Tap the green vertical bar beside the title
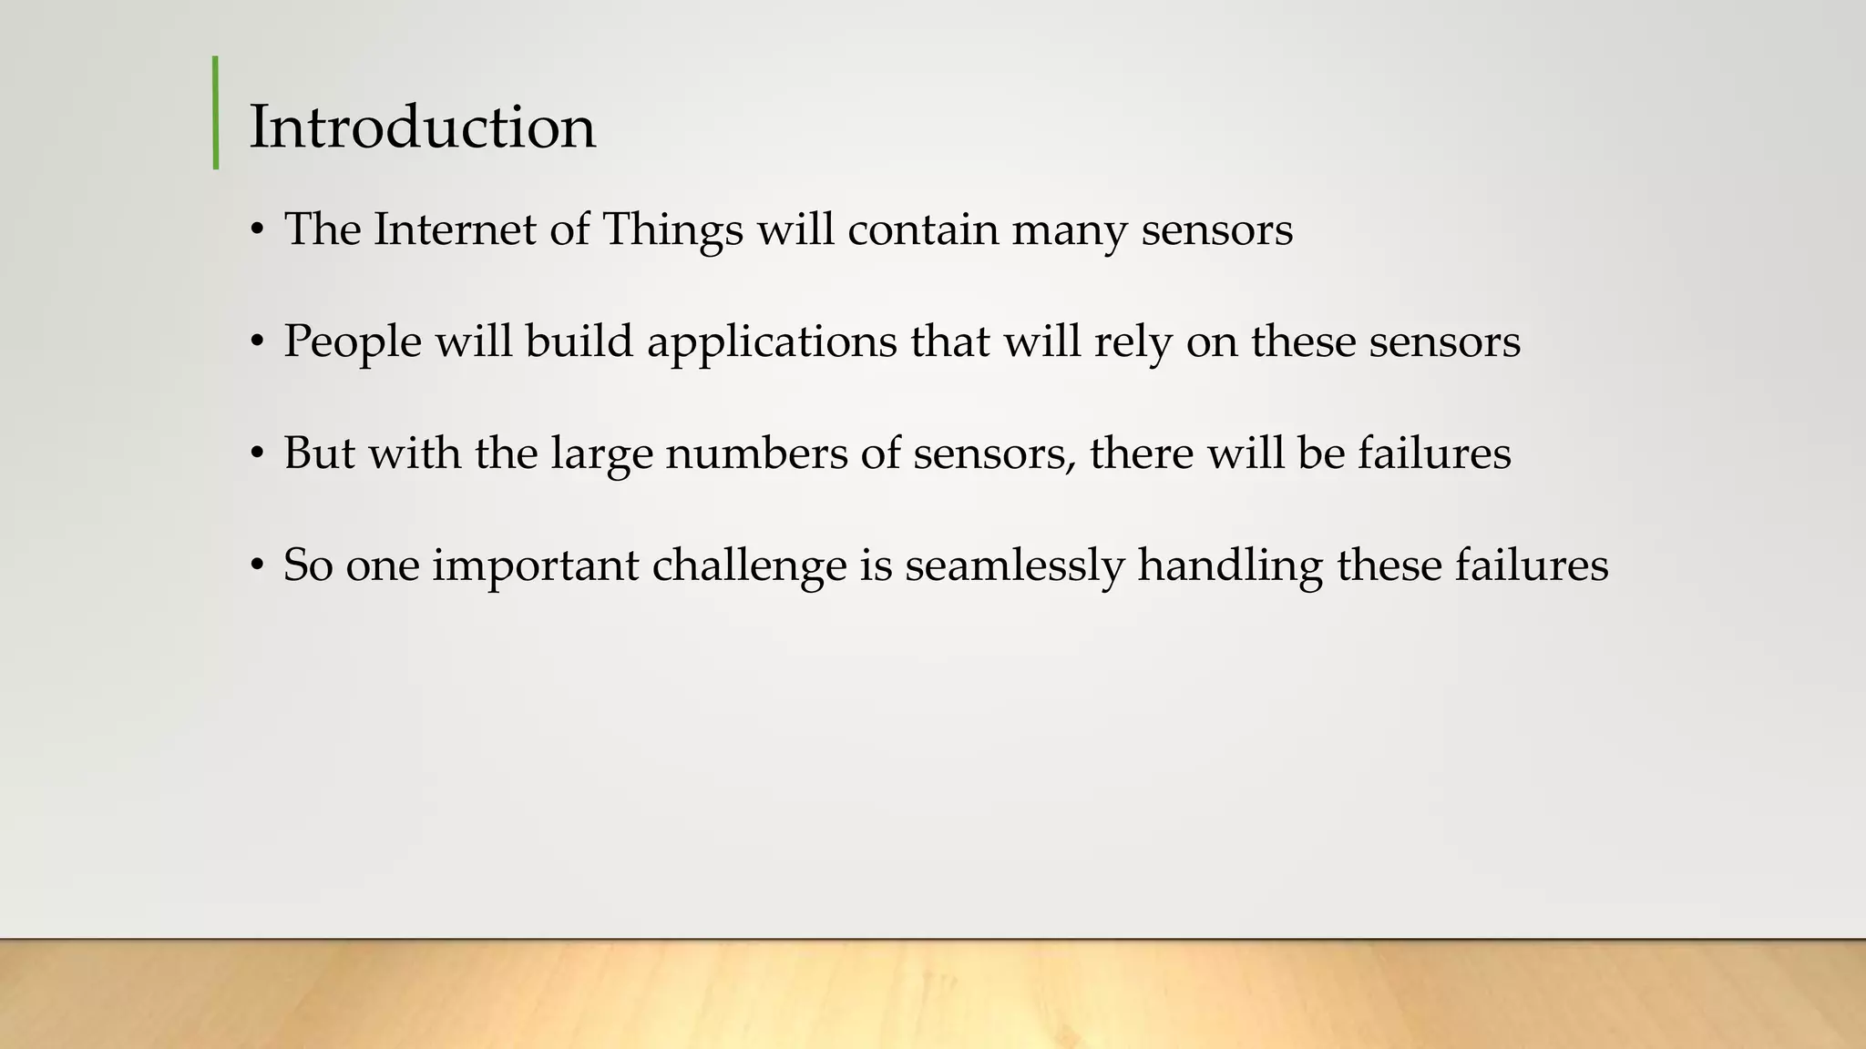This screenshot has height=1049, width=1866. pos(216,113)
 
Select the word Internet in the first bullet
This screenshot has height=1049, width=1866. pos(455,229)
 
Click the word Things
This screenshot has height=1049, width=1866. pos(672,230)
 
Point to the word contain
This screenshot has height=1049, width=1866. pos(922,229)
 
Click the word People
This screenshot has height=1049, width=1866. pos(353,342)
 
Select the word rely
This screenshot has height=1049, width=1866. pos(1133,342)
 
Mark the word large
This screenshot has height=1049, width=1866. pos(601,454)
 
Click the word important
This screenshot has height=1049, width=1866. pos(535,565)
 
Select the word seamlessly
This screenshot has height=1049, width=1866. pos(1014,566)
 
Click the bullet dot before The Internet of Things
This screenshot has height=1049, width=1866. pos(258,229)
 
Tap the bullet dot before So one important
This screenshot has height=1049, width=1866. pos(258,565)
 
